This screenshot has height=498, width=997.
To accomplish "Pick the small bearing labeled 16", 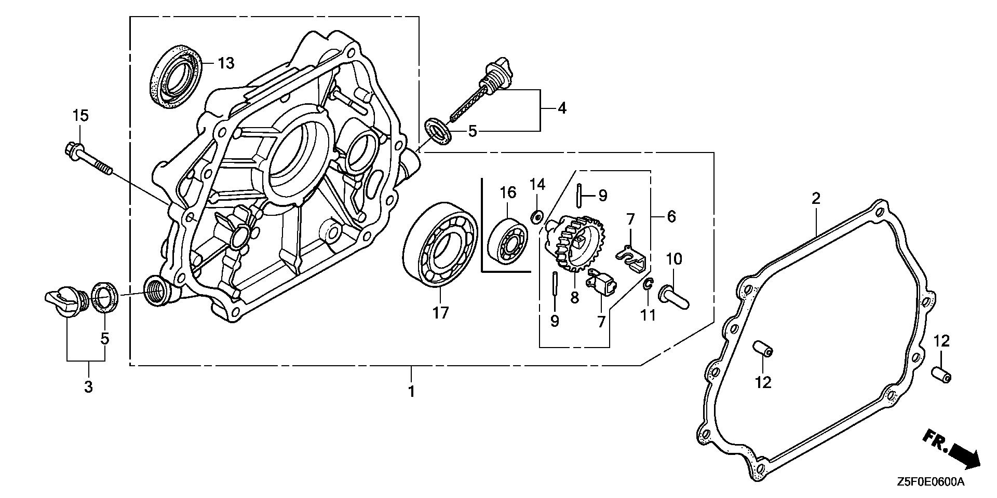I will [x=507, y=243].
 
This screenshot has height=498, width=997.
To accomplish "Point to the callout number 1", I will [x=411, y=391].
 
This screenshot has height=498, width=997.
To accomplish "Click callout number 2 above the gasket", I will [x=816, y=198].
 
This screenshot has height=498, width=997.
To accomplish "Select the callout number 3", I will [x=88, y=386].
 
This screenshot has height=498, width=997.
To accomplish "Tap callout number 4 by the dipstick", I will [x=562, y=108].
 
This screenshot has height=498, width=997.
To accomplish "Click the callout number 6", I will [x=671, y=216].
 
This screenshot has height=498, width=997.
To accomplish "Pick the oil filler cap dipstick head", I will [x=498, y=70].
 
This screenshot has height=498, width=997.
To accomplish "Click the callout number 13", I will [x=226, y=63].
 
